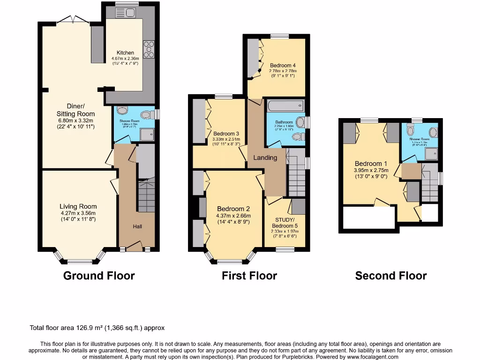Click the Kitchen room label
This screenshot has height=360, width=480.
tap(125, 52)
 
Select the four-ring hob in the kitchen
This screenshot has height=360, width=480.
tap(149, 49)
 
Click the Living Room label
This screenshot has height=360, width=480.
tap(78, 206)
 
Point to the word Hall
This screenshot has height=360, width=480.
tap(137, 226)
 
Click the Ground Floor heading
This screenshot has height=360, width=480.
tap(99, 276)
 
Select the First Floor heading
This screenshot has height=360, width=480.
tap(249, 276)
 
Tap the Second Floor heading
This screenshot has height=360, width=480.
tap(391, 276)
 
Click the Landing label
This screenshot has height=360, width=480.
tap(265, 157)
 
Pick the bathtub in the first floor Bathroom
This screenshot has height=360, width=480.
tap(285, 105)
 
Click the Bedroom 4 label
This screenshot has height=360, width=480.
tap(283, 65)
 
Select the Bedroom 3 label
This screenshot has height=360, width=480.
tap(226, 134)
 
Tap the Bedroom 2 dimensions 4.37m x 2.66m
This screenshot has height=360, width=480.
tap(233, 216)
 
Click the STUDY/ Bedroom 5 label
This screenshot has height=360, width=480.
tap(285, 223)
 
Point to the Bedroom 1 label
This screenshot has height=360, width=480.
tap(371, 164)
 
